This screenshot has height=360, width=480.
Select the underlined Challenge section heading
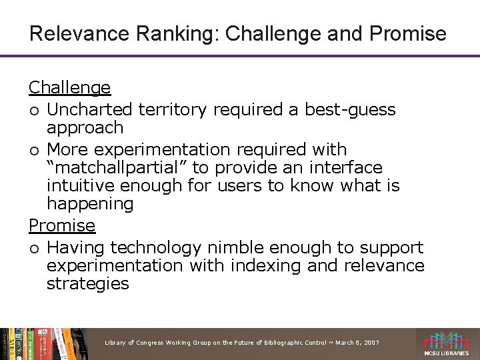click(69, 87)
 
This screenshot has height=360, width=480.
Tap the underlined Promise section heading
click(62, 226)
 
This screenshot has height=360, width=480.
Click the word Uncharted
click(89, 108)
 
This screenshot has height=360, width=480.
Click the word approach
click(85, 127)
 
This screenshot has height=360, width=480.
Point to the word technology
click(155, 247)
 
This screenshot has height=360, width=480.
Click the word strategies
click(87, 284)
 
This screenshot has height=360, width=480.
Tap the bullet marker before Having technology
click(33, 248)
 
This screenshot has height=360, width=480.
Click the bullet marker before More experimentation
click(33, 149)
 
